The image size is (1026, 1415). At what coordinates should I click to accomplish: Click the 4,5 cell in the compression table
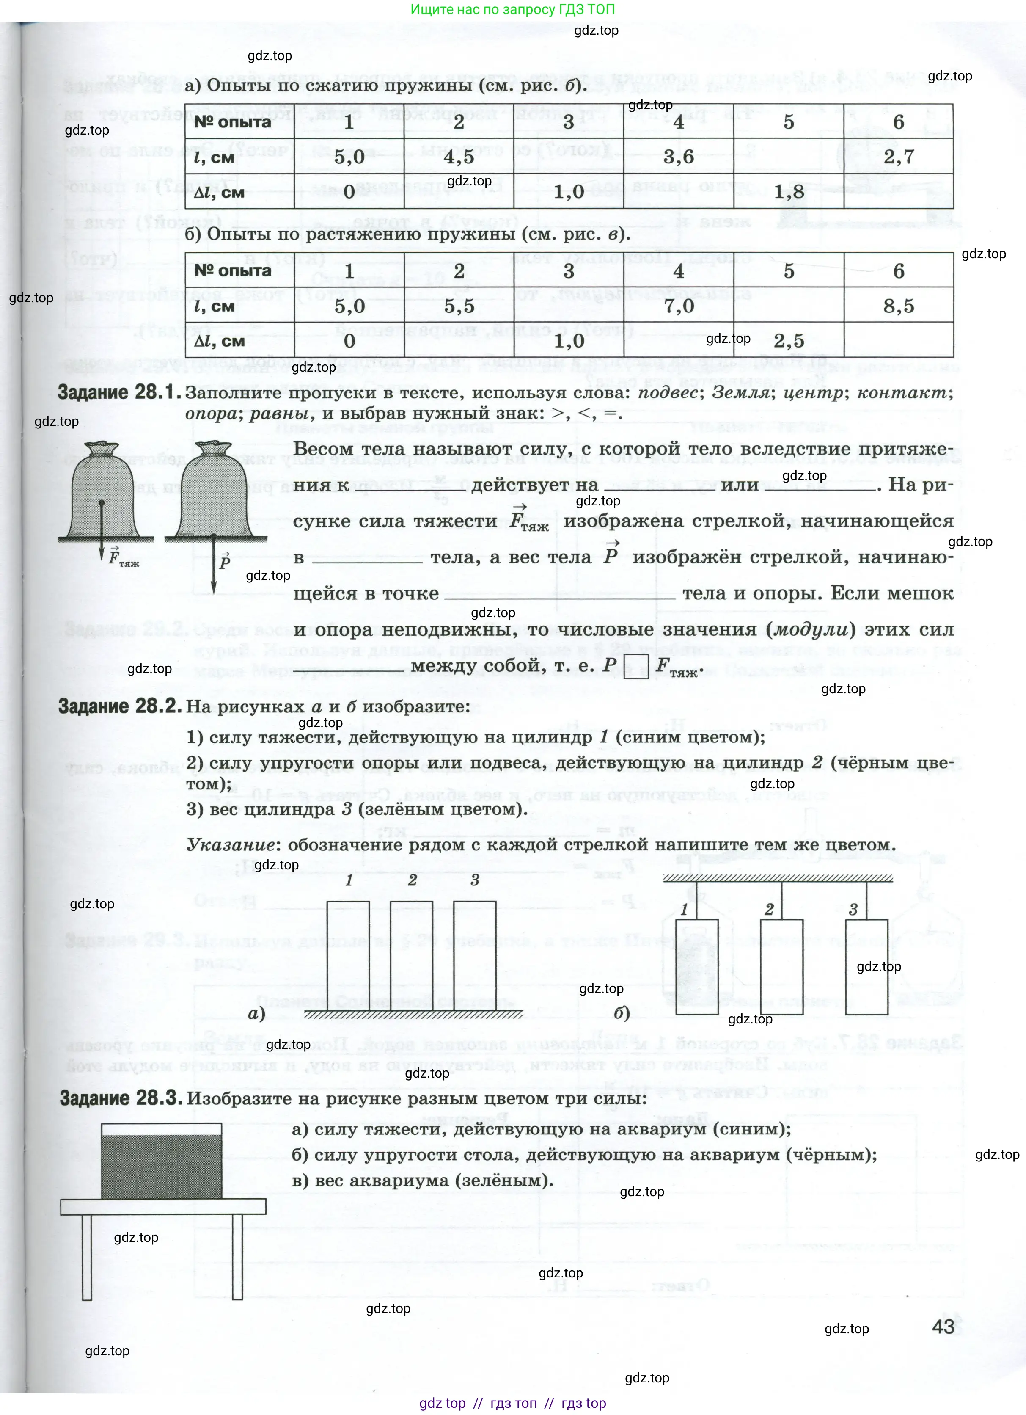(x=459, y=157)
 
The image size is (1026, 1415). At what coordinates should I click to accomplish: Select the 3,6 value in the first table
(x=679, y=157)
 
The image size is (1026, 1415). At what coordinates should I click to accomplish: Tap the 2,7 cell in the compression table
(x=898, y=157)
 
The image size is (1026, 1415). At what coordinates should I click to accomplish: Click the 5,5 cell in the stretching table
(x=459, y=306)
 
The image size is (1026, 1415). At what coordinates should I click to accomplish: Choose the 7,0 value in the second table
(x=679, y=306)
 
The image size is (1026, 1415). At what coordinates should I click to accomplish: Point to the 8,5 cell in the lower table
(x=898, y=306)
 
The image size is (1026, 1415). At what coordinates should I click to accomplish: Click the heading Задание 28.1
(x=120, y=392)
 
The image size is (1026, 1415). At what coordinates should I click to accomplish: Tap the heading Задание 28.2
(x=120, y=706)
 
